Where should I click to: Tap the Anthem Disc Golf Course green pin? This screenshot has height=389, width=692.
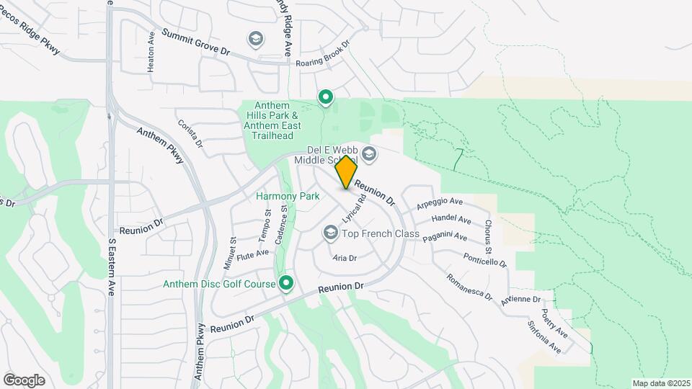[287, 284]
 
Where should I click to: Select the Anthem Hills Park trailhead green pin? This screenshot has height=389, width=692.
[326, 97]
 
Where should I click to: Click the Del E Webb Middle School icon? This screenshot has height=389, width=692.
[369, 153]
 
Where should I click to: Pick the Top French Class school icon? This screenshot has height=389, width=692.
[331, 233]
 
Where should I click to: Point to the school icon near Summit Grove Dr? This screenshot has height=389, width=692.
[254, 38]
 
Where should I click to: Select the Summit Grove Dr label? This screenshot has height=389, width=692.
[195, 43]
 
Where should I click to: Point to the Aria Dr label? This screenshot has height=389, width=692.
[345, 257]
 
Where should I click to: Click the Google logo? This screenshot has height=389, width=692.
[24, 380]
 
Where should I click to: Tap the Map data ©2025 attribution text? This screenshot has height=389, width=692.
[661, 383]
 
